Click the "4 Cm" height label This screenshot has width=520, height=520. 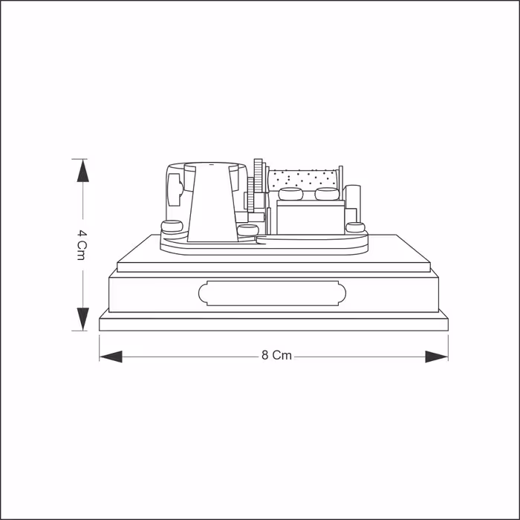(82, 244)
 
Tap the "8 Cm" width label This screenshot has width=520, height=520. (276, 356)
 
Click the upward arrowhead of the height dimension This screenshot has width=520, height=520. (82, 170)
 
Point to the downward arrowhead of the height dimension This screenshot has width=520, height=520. (83, 319)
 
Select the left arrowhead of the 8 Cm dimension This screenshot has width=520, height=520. (111, 357)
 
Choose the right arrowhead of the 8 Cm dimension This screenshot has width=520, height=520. (437, 357)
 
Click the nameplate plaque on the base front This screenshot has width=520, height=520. (273, 293)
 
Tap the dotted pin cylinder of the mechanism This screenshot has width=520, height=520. (302, 180)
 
